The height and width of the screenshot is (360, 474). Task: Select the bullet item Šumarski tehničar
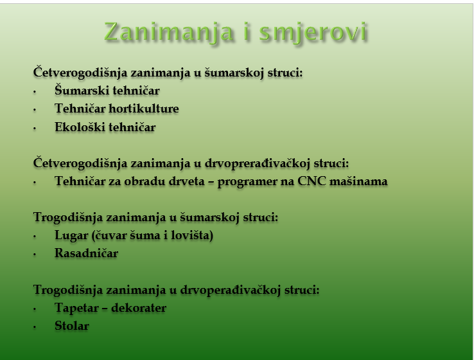[107, 91]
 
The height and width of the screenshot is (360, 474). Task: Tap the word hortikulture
[144, 109]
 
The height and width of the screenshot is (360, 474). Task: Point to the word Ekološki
[80, 127]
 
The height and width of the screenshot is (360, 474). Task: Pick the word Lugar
[71, 236]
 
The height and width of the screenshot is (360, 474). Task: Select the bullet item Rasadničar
[86, 253]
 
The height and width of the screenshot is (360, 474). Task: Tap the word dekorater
[139, 308]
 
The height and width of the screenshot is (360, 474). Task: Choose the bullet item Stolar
[72, 326]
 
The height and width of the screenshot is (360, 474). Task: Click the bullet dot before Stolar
[35, 327]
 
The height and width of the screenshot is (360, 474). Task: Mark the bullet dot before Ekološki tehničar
[35, 129]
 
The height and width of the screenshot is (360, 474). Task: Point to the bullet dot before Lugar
[35, 237]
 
